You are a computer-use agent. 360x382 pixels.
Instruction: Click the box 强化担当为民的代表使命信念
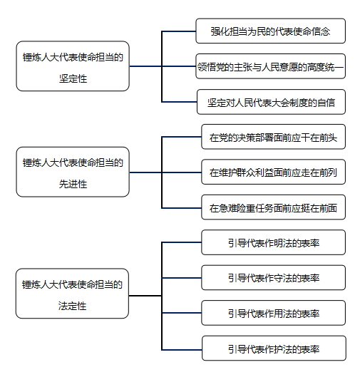(x=271, y=31)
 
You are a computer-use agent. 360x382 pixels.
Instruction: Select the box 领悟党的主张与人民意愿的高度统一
(x=271, y=66)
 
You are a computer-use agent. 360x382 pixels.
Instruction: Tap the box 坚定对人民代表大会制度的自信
(x=271, y=102)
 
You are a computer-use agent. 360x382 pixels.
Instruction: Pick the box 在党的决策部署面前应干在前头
(x=273, y=137)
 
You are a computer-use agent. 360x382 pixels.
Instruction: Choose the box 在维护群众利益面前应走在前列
(x=273, y=172)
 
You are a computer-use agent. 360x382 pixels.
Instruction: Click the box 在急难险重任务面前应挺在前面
(x=273, y=207)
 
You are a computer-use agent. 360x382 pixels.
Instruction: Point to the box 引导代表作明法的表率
(x=273, y=242)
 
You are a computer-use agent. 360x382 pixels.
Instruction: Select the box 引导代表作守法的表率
(x=273, y=278)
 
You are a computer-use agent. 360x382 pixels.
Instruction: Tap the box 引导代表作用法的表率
(x=273, y=313)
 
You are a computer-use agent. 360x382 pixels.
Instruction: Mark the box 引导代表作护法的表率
(x=274, y=348)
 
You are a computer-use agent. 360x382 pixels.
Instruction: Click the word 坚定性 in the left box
(x=73, y=78)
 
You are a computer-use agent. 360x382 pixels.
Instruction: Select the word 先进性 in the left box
(x=73, y=184)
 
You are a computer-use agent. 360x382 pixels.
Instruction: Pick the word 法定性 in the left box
(x=72, y=306)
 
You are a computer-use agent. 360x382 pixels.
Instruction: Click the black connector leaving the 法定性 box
(x=145, y=296)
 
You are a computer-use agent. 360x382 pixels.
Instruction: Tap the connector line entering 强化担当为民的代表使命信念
(x=179, y=31)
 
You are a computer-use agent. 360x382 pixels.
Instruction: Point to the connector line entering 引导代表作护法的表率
(x=182, y=350)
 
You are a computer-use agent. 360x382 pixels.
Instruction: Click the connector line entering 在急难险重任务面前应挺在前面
(x=182, y=208)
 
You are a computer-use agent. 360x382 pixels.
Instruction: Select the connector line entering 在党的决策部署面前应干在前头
(x=182, y=137)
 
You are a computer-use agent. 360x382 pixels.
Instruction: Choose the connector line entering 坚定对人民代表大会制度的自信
(x=179, y=102)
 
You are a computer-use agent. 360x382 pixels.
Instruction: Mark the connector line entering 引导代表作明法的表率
(x=182, y=242)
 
